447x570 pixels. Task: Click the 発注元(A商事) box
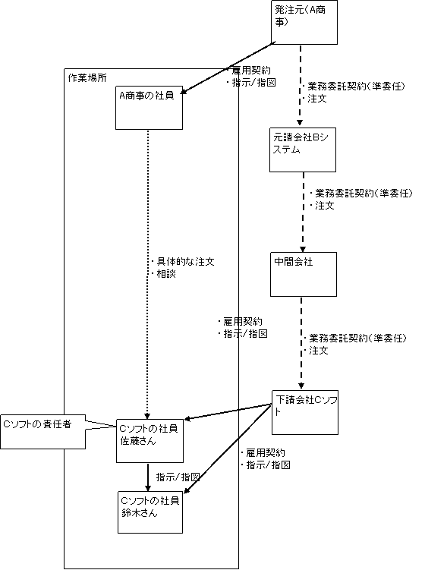[304, 23]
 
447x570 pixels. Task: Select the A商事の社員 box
[149, 108]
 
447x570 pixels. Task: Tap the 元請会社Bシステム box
[303, 150]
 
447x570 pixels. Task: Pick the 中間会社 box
[304, 275]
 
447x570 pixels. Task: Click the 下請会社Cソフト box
[305, 413]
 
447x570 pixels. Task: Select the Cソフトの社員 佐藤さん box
[150, 441]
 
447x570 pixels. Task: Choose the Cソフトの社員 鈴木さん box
[150, 512]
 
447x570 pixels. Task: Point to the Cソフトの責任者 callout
[43, 432]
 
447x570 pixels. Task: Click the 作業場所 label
[87, 77]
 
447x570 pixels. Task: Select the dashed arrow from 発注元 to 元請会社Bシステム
[301, 86]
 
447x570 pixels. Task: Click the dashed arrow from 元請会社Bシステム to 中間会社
[303, 212]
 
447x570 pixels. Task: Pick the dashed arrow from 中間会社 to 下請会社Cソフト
[301, 343]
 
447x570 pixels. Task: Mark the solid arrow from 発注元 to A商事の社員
[228, 68]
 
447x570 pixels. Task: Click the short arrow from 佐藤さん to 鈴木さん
[148, 477]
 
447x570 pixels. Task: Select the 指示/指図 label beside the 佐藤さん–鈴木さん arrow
[178, 477]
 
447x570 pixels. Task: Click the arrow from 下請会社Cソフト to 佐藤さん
[228, 412]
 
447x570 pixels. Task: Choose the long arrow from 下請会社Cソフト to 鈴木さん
[228, 449]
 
